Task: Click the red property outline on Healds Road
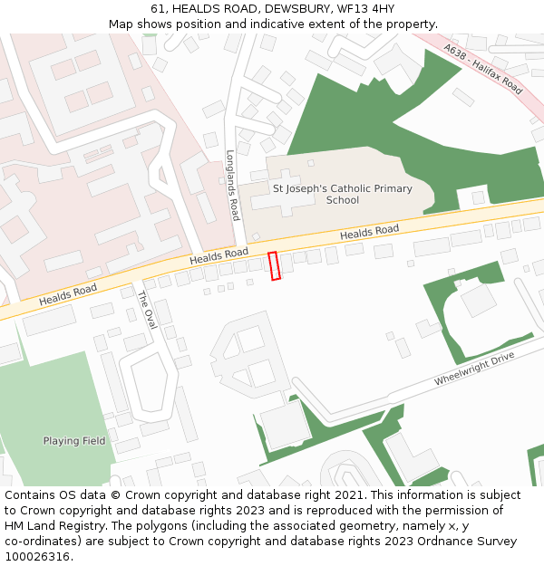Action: tap(274, 265)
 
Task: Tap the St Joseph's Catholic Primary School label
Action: tap(342, 195)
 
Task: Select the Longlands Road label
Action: tap(232, 185)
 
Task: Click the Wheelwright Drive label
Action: tap(473, 369)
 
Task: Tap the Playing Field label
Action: tap(74, 441)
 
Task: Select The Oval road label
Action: tap(147, 309)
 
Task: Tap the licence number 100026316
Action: tap(38, 557)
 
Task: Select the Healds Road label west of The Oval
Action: tap(67, 293)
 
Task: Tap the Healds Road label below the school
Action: tap(369, 233)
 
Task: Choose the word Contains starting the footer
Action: tap(31, 495)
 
